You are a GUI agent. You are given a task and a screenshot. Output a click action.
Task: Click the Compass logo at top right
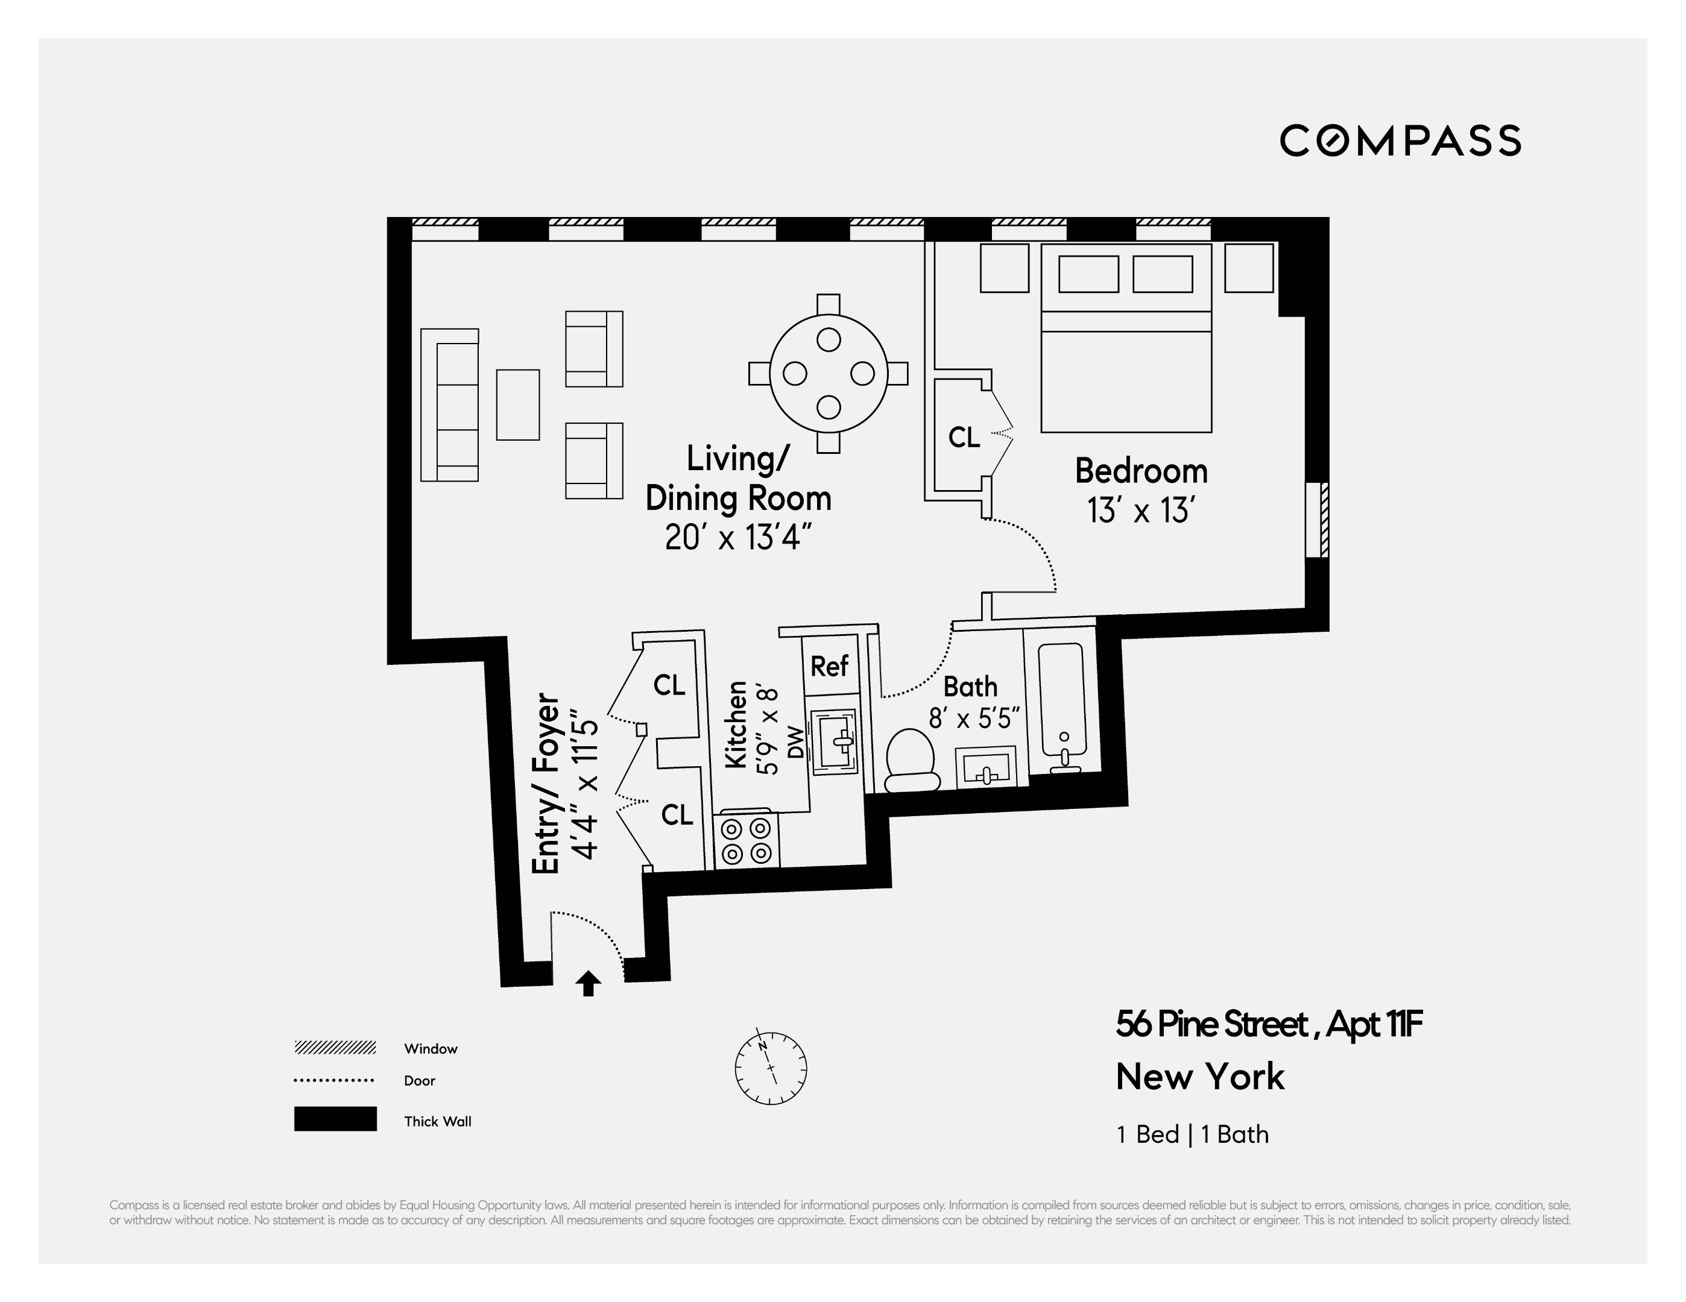pos(1400,140)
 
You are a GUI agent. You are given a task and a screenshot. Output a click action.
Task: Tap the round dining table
pos(829,374)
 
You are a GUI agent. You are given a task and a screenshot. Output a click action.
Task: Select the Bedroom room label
pos(1141,471)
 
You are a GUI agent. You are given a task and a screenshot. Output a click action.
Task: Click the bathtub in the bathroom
pos(1062,700)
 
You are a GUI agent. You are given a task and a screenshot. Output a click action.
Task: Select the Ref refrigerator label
pos(829,666)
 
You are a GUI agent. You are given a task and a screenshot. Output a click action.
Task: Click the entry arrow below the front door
pos(589,983)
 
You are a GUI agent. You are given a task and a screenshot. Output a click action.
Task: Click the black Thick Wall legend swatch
pos(335,1119)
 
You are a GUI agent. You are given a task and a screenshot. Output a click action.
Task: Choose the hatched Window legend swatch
pos(335,1047)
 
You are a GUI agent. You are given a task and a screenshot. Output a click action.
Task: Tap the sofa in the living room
pos(450,405)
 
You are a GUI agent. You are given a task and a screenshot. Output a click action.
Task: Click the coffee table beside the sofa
pos(517,405)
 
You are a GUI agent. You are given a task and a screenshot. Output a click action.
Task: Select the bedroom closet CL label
pos(964,438)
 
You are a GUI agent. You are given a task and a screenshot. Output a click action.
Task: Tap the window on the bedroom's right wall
pos(1319,520)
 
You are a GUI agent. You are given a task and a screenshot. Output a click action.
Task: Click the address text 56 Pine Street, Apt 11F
pos(1268,1025)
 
